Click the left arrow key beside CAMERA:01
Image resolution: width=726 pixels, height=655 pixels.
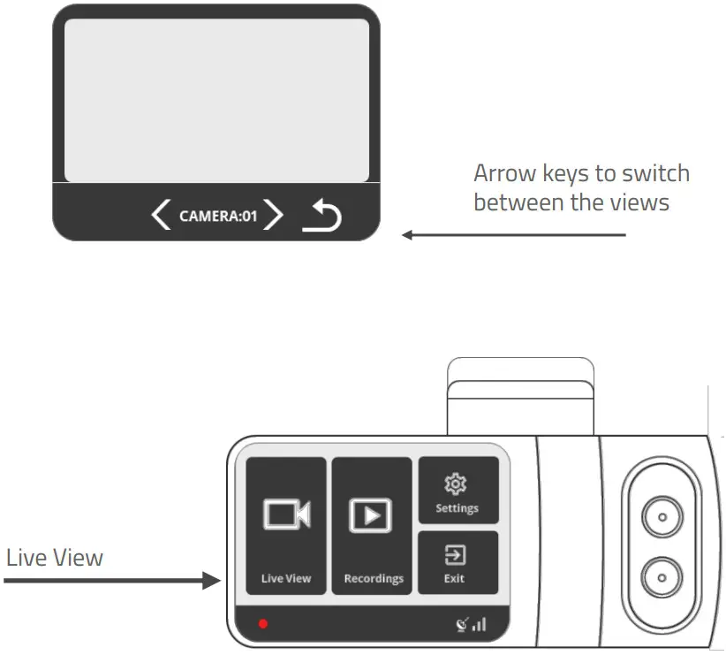161,215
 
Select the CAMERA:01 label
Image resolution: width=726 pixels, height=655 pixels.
217,215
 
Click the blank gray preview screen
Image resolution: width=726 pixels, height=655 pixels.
216,100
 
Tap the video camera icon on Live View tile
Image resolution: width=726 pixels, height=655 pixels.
287,514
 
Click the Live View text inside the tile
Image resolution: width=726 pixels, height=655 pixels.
286,578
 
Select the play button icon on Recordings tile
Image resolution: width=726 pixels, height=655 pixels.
371,514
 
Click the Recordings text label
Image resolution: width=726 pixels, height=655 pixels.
373,578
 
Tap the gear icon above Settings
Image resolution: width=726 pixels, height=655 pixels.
457,484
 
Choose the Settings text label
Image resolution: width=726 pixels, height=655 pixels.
457,508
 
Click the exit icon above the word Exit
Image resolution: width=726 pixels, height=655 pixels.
457,555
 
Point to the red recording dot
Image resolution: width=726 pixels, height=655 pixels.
262,624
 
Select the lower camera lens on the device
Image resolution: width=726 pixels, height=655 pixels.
660,577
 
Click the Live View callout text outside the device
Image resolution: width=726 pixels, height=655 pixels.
55,559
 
